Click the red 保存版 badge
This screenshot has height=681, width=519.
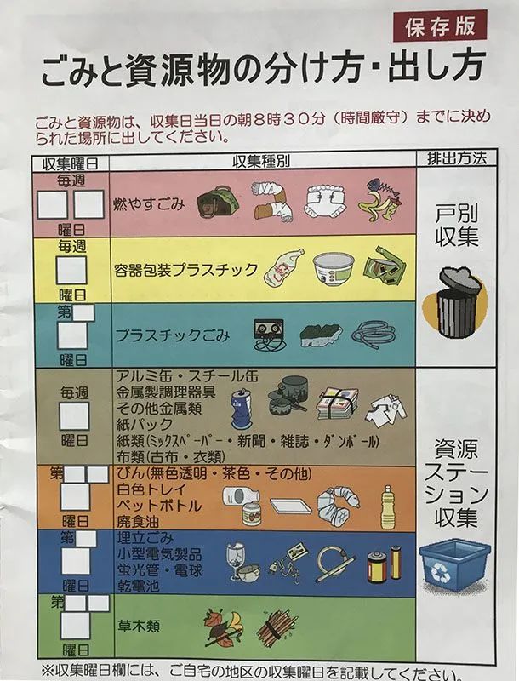(x=440, y=26)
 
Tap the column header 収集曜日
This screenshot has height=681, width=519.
(x=71, y=163)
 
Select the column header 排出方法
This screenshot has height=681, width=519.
(x=457, y=158)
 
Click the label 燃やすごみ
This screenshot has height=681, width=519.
(x=149, y=203)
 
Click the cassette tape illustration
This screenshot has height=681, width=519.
(x=269, y=334)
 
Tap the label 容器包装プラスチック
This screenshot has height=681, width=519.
(x=185, y=270)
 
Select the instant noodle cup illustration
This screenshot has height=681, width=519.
(x=334, y=270)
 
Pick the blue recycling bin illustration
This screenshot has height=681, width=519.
(x=455, y=564)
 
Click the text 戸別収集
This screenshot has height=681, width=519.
(x=457, y=226)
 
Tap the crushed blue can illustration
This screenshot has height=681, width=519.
(x=242, y=409)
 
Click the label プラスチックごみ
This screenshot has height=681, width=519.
(x=172, y=335)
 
